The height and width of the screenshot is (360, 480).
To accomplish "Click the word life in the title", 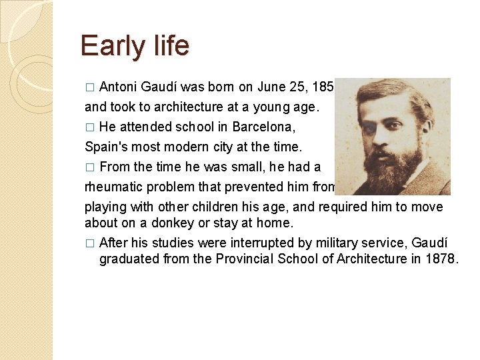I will coord(169,46).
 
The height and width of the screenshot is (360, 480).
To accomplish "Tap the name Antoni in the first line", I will coord(119,87).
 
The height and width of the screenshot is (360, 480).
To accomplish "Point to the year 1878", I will coord(441,259).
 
